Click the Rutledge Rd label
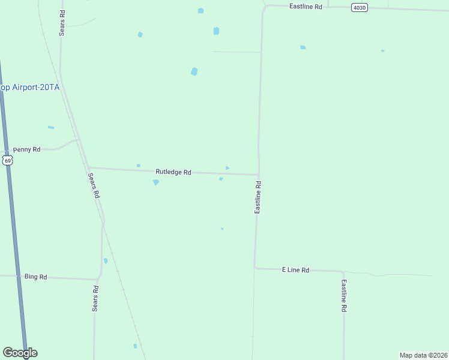[x=173, y=172]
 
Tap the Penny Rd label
[x=26, y=149]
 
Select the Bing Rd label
[x=35, y=277]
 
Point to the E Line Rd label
[x=295, y=270]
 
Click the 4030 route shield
[x=359, y=7]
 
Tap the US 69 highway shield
[x=7, y=160]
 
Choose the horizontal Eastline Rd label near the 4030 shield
[x=306, y=6]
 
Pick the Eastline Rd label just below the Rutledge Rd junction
[x=258, y=197]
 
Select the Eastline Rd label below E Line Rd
[x=344, y=295]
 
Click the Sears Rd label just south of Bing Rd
[x=95, y=298]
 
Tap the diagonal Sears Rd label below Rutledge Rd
[x=93, y=186]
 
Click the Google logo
[x=20, y=353]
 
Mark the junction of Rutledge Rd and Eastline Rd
[x=259, y=175]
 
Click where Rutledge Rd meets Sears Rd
[x=88, y=168]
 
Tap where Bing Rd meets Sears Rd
[x=98, y=279]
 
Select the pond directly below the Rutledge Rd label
[x=156, y=182]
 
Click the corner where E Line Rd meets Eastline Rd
[x=255, y=268]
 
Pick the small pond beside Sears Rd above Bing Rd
[x=106, y=261]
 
